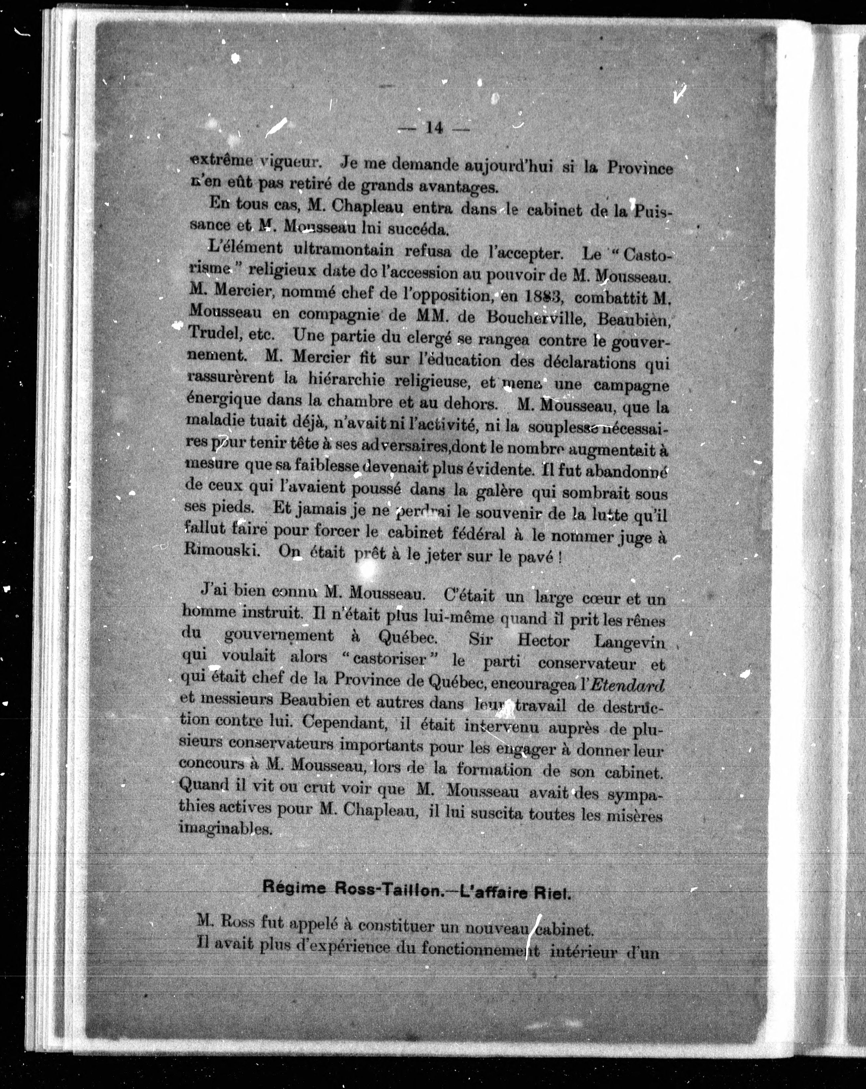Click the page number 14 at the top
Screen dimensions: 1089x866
click(x=434, y=128)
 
